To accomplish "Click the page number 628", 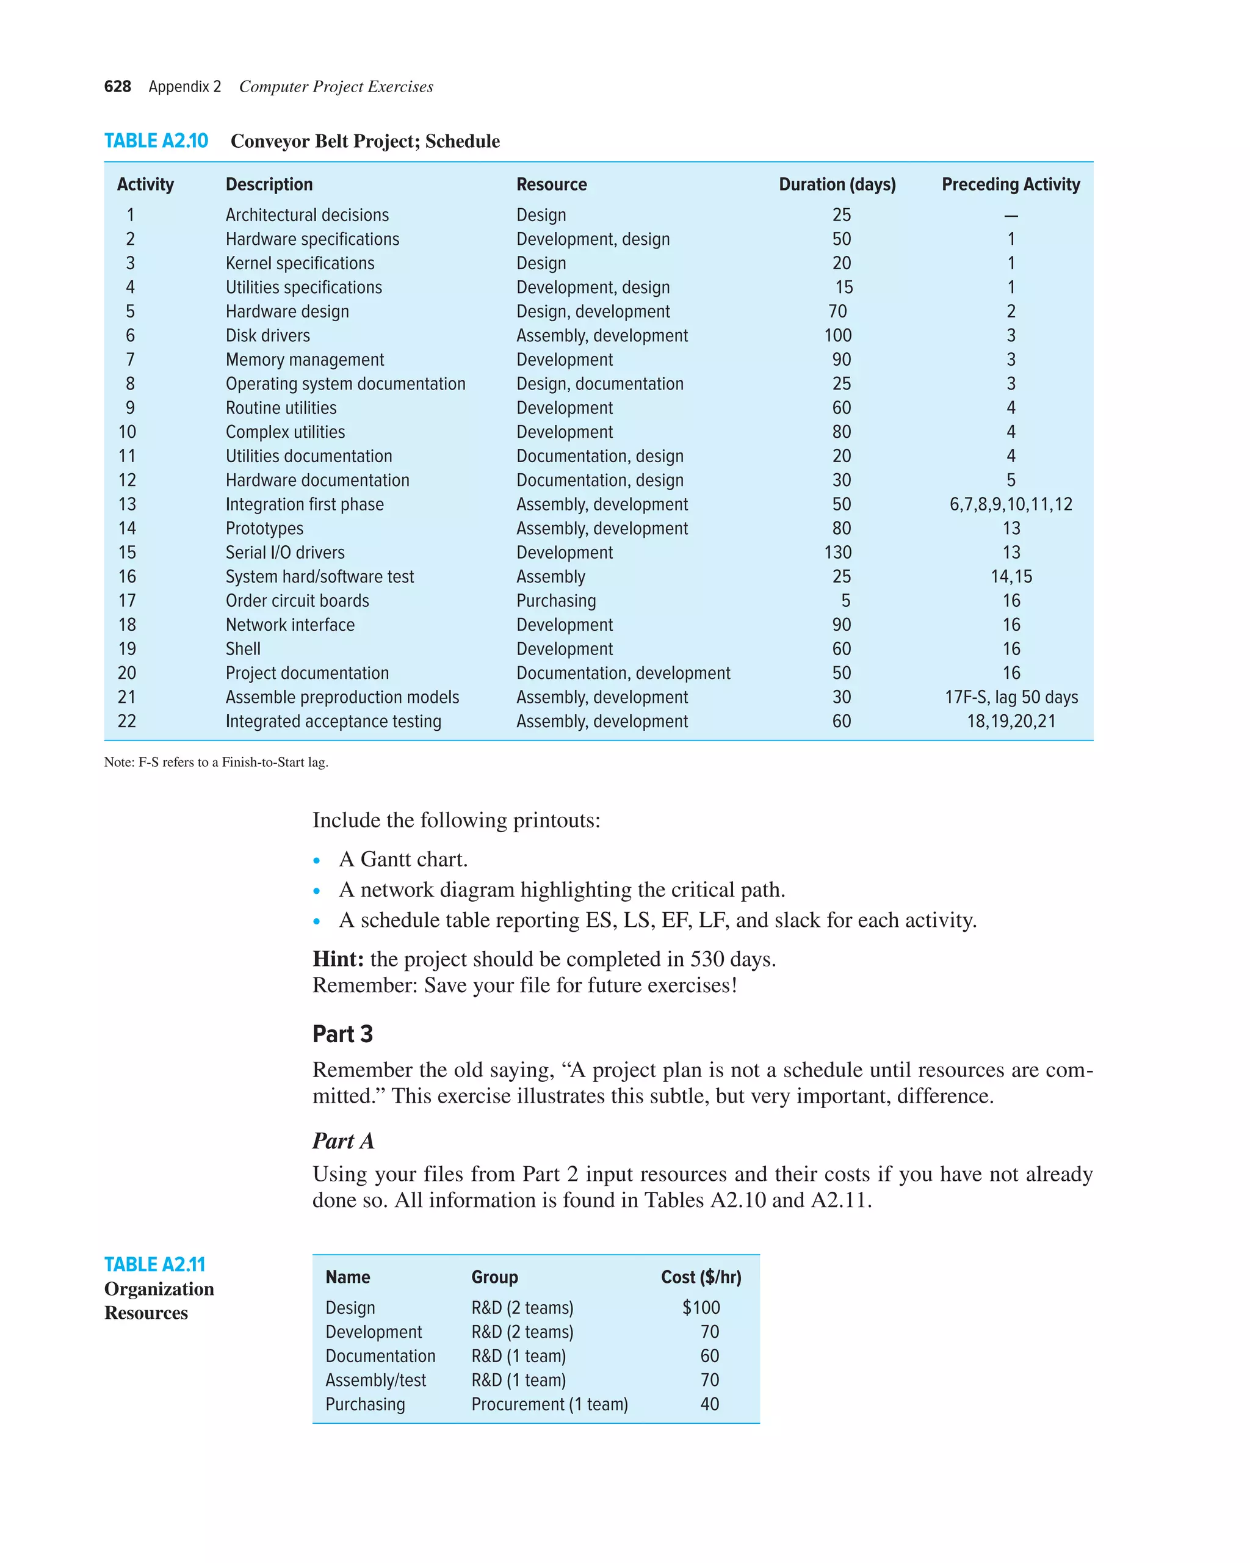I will click(117, 87).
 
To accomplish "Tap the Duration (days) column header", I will click(837, 184).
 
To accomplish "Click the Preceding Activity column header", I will click(1010, 184).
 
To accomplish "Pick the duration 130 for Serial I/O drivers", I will click(837, 553).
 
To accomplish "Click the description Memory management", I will click(305, 360).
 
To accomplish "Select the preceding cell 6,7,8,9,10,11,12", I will click(1010, 504).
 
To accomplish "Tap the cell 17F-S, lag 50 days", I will click(1011, 697).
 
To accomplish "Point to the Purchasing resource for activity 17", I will click(556, 601).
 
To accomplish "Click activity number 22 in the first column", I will click(127, 721).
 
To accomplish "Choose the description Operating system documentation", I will click(345, 383).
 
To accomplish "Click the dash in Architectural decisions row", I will click(1011, 216).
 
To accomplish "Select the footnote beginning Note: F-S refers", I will click(216, 762).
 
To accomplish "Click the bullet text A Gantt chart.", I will click(403, 859).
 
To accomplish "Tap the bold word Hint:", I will click(338, 959).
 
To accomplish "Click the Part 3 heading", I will click(342, 1034).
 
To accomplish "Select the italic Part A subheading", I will click(343, 1141).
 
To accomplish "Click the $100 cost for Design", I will click(701, 1308).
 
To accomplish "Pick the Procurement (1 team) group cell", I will click(549, 1404).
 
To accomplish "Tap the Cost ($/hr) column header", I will click(701, 1277).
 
